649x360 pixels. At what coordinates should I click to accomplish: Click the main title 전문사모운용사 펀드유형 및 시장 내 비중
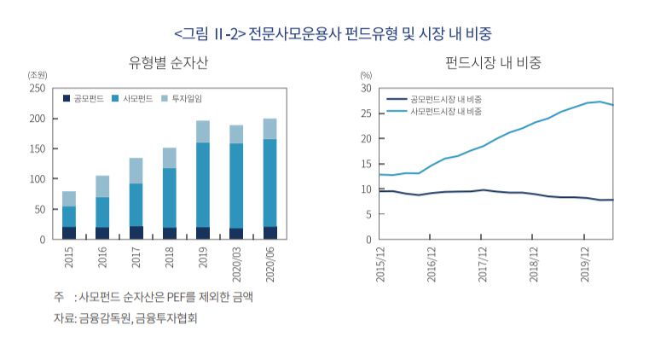click(368, 33)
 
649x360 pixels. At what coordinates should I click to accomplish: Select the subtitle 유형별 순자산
click(168, 63)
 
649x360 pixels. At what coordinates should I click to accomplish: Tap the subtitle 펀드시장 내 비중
click(494, 63)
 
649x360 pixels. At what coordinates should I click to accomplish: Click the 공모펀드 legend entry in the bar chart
click(83, 99)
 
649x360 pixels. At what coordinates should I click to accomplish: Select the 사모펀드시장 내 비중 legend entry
click(439, 112)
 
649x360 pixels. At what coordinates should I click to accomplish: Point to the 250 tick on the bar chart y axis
click(37, 88)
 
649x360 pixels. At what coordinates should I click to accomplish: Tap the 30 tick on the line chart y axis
click(365, 88)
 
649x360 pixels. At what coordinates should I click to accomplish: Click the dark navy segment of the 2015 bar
click(69, 233)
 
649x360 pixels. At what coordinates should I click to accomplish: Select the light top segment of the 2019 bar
click(203, 131)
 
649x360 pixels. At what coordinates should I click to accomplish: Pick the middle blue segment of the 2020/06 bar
click(269, 183)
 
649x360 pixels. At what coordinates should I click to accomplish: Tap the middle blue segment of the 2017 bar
click(136, 205)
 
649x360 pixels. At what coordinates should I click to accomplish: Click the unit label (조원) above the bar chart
click(38, 75)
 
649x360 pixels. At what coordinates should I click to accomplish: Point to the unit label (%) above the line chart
click(366, 75)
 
